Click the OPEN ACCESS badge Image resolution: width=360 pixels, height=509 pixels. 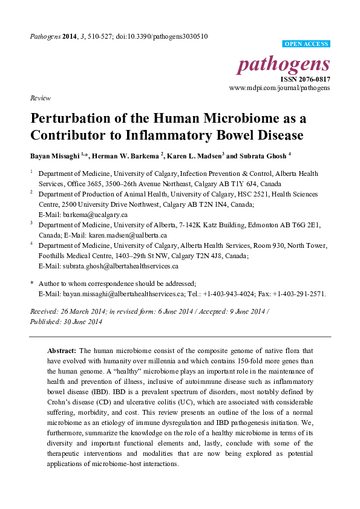pos(306,44)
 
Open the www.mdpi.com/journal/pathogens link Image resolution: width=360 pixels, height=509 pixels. pos(280,88)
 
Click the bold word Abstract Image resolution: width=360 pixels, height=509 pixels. pos(61,351)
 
